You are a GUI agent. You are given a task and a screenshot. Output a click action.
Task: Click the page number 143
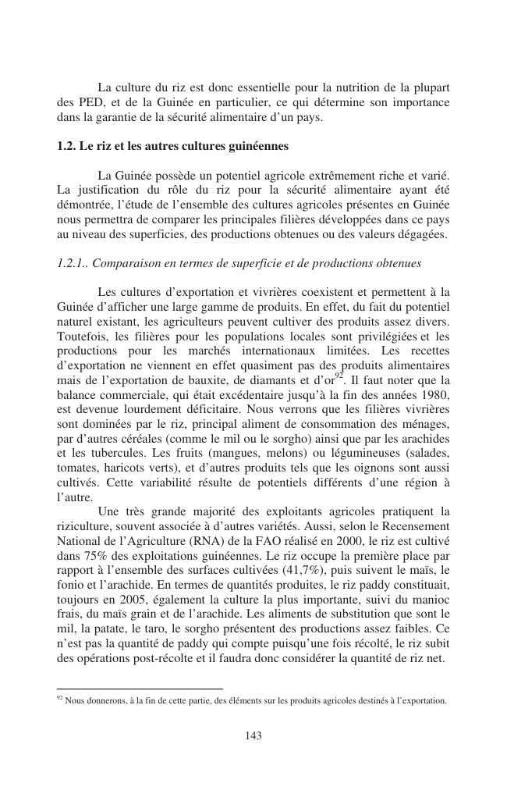[x=253, y=735]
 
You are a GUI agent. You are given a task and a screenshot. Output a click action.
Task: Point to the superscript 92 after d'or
[x=339, y=376]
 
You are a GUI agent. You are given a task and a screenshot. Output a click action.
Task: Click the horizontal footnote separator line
[x=140, y=689]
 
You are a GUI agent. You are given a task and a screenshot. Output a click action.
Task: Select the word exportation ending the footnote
[x=426, y=700]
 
